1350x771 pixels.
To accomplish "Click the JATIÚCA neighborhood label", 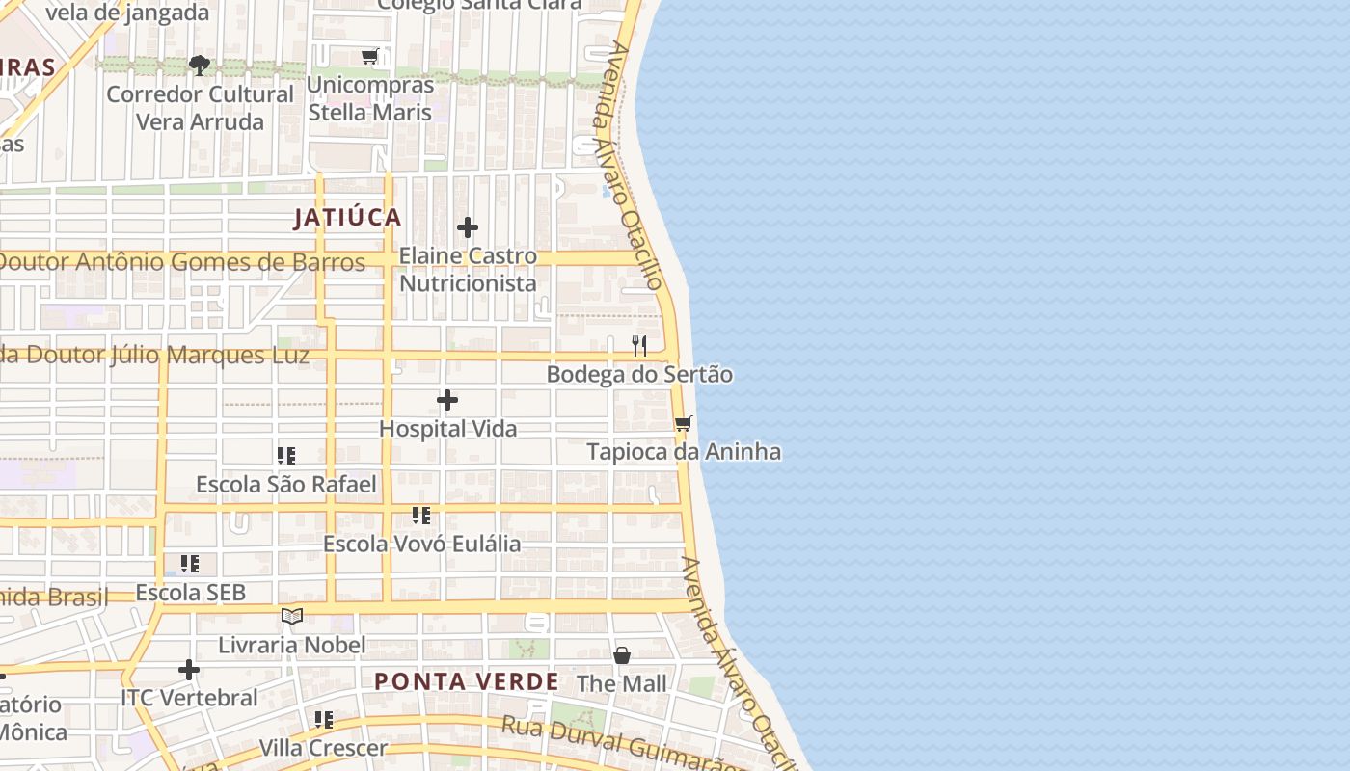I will [347, 218].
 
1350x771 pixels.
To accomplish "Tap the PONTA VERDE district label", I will [467, 682].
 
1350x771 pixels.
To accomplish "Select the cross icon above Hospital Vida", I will [447, 400].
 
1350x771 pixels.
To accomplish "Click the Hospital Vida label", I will [448, 429].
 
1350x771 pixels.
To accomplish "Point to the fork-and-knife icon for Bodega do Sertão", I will [638, 345].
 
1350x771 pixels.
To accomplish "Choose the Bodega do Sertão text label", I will [639, 374].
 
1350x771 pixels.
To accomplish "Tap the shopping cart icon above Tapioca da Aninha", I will [684, 423].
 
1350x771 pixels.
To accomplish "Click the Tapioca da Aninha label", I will [684, 452].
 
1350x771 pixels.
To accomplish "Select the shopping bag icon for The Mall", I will [622, 655].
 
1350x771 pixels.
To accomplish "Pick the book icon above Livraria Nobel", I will [292, 616].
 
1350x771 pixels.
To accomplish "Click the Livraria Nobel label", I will [292, 645].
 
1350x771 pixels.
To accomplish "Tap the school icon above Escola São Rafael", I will [286, 455].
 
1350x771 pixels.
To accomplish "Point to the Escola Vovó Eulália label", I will [421, 544].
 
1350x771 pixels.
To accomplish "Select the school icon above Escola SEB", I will [190, 563].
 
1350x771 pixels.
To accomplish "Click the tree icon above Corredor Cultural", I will [200, 66].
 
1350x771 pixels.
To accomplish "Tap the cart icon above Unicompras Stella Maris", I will [369, 57].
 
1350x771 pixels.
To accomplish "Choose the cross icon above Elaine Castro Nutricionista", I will [468, 227].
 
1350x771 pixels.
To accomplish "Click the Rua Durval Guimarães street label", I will [617, 744].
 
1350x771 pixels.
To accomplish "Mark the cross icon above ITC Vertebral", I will [189, 669].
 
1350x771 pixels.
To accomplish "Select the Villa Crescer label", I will [323, 748].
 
